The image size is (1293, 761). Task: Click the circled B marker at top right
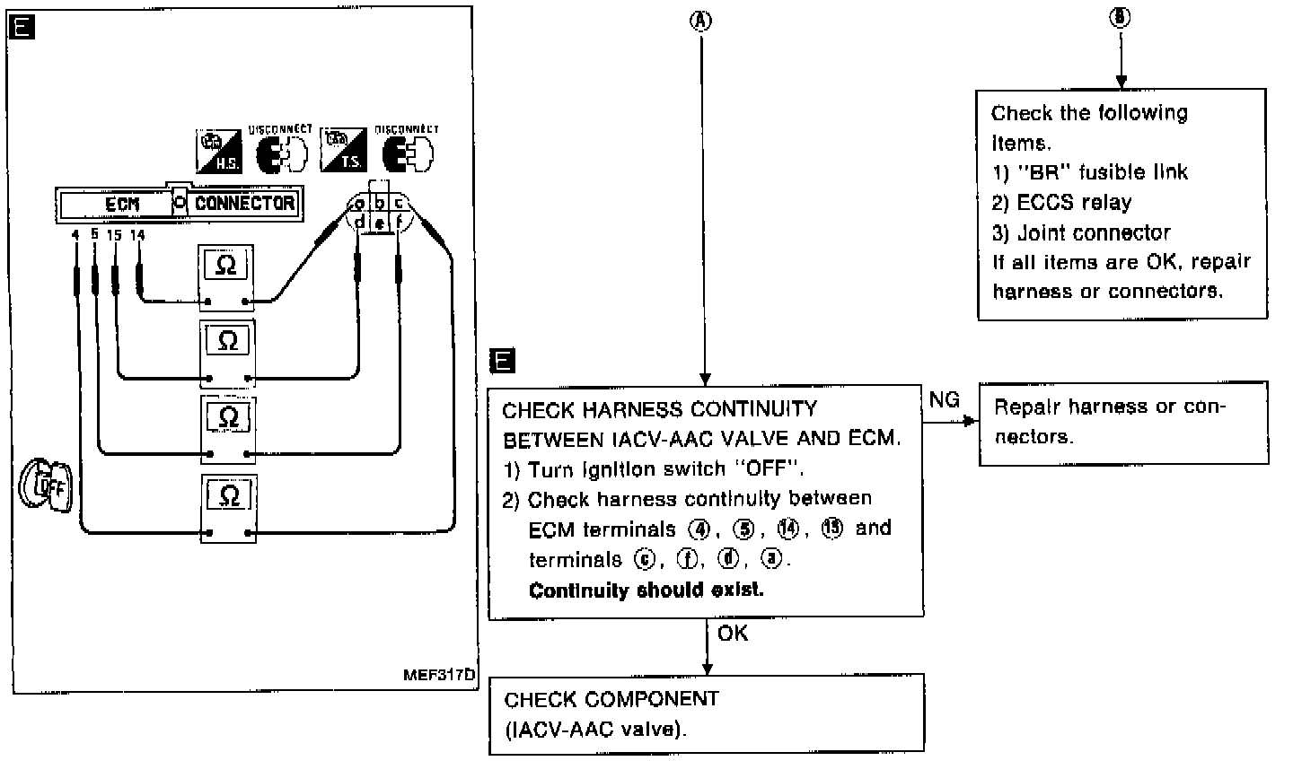click(1120, 19)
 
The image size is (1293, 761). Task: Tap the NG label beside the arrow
click(944, 399)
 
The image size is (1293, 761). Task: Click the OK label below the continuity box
click(733, 634)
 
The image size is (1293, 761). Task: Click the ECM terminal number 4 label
click(75, 235)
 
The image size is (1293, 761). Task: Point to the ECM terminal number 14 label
click(137, 235)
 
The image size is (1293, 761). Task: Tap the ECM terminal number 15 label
click(114, 235)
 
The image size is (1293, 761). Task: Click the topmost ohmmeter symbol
click(228, 265)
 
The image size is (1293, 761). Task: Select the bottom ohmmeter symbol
click(228, 494)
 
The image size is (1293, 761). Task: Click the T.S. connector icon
click(344, 152)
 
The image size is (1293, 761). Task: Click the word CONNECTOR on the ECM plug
click(244, 203)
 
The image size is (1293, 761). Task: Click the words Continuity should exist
click(646, 590)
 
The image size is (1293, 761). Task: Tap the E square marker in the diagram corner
click(22, 28)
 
